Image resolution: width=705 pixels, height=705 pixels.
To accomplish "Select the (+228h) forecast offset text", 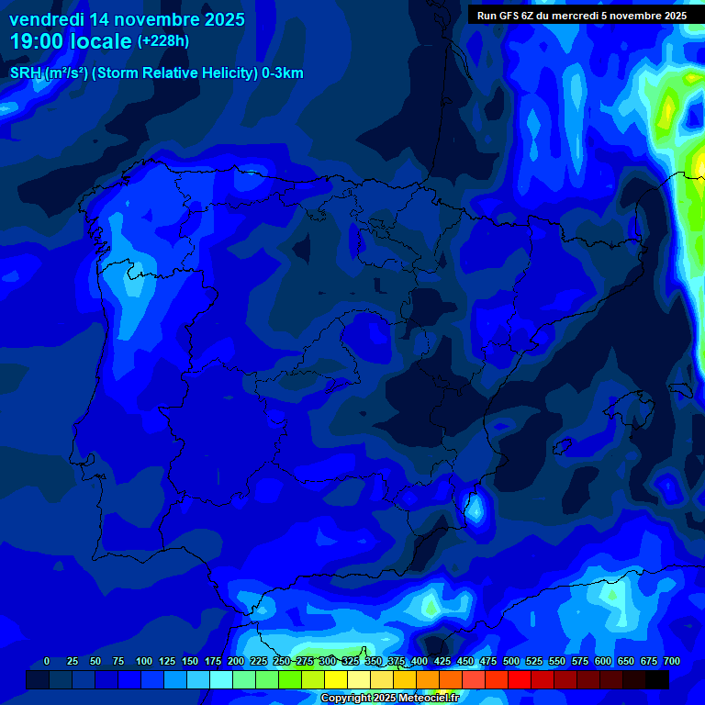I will coord(163,41).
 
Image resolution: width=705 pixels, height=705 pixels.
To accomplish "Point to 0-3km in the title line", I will coord(282,73).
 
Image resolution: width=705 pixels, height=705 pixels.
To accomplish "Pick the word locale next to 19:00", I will coord(102,41).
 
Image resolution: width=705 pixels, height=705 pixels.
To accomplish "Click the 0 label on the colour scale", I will coord(47,661).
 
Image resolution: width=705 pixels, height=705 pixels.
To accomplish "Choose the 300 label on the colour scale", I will coord(327,661).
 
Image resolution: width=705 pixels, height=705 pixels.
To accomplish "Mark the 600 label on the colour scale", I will coord(602,661).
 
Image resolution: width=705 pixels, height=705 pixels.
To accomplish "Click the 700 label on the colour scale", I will coord(671,661).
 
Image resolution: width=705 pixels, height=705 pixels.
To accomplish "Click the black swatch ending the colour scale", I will coord(657,679).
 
